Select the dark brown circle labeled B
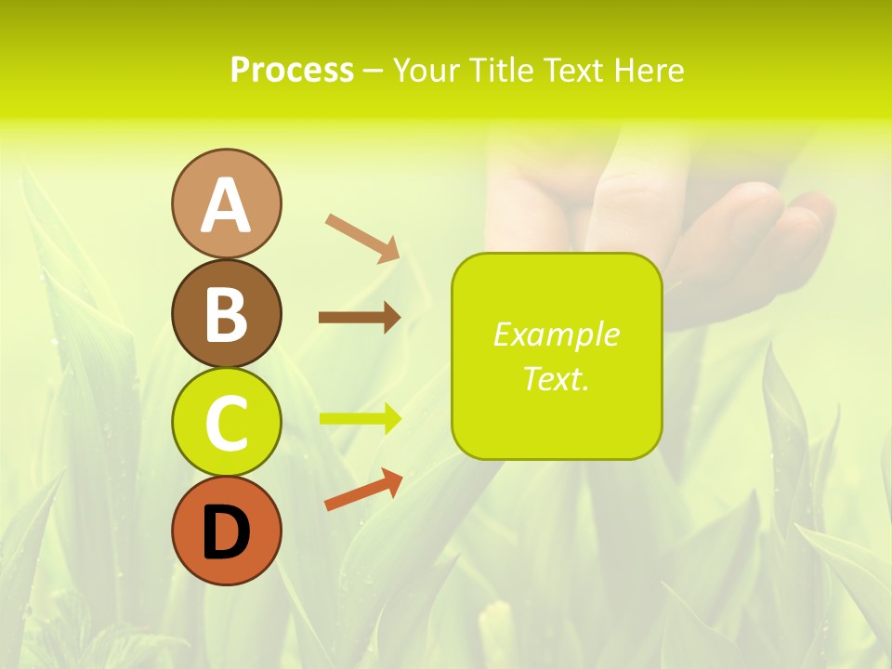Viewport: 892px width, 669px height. point(226,313)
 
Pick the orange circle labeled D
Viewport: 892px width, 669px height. point(226,531)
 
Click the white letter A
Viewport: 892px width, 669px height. point(226,205)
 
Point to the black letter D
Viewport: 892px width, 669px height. point(226,532)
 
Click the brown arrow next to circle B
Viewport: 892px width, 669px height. point(360,318)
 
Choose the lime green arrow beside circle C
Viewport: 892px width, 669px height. point(360,418)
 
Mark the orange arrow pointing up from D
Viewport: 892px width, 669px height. point(363,490)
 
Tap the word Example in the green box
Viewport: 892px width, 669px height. point(556,334)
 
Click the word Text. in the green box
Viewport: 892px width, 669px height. point(556,378)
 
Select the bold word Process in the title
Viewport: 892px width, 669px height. point(292,71)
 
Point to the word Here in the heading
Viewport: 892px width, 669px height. point(649,71)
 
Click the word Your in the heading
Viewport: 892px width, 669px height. point(427,71)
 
